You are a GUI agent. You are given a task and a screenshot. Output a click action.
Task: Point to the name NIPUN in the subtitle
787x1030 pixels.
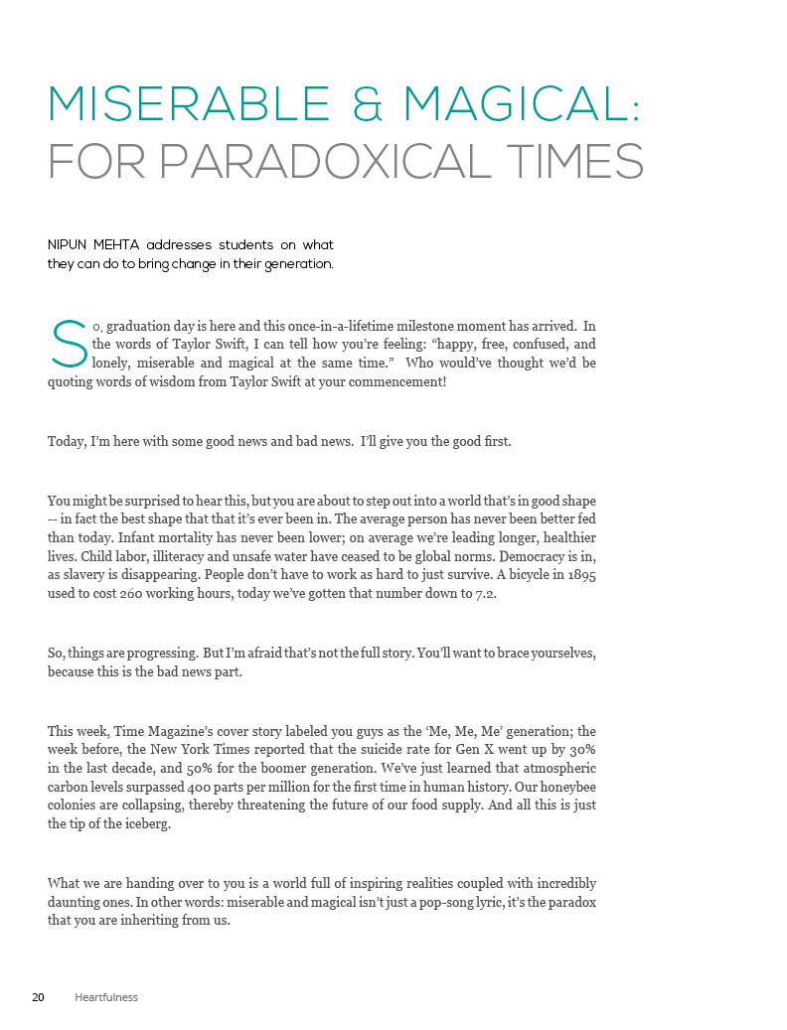pyautogui.click(x=71, y=244)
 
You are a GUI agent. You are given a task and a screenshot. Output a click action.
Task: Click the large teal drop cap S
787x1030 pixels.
pyautogui.click(x=68, y=344)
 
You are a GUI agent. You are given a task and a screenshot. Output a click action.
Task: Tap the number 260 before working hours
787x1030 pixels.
pyautogui.click(x=139, y=594)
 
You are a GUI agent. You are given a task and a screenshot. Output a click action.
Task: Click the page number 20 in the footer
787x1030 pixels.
pyautogui.click(x=38, y=996)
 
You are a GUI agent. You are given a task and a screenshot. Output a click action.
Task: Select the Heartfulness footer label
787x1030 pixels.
pyautogui.click(x=106, y=996)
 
